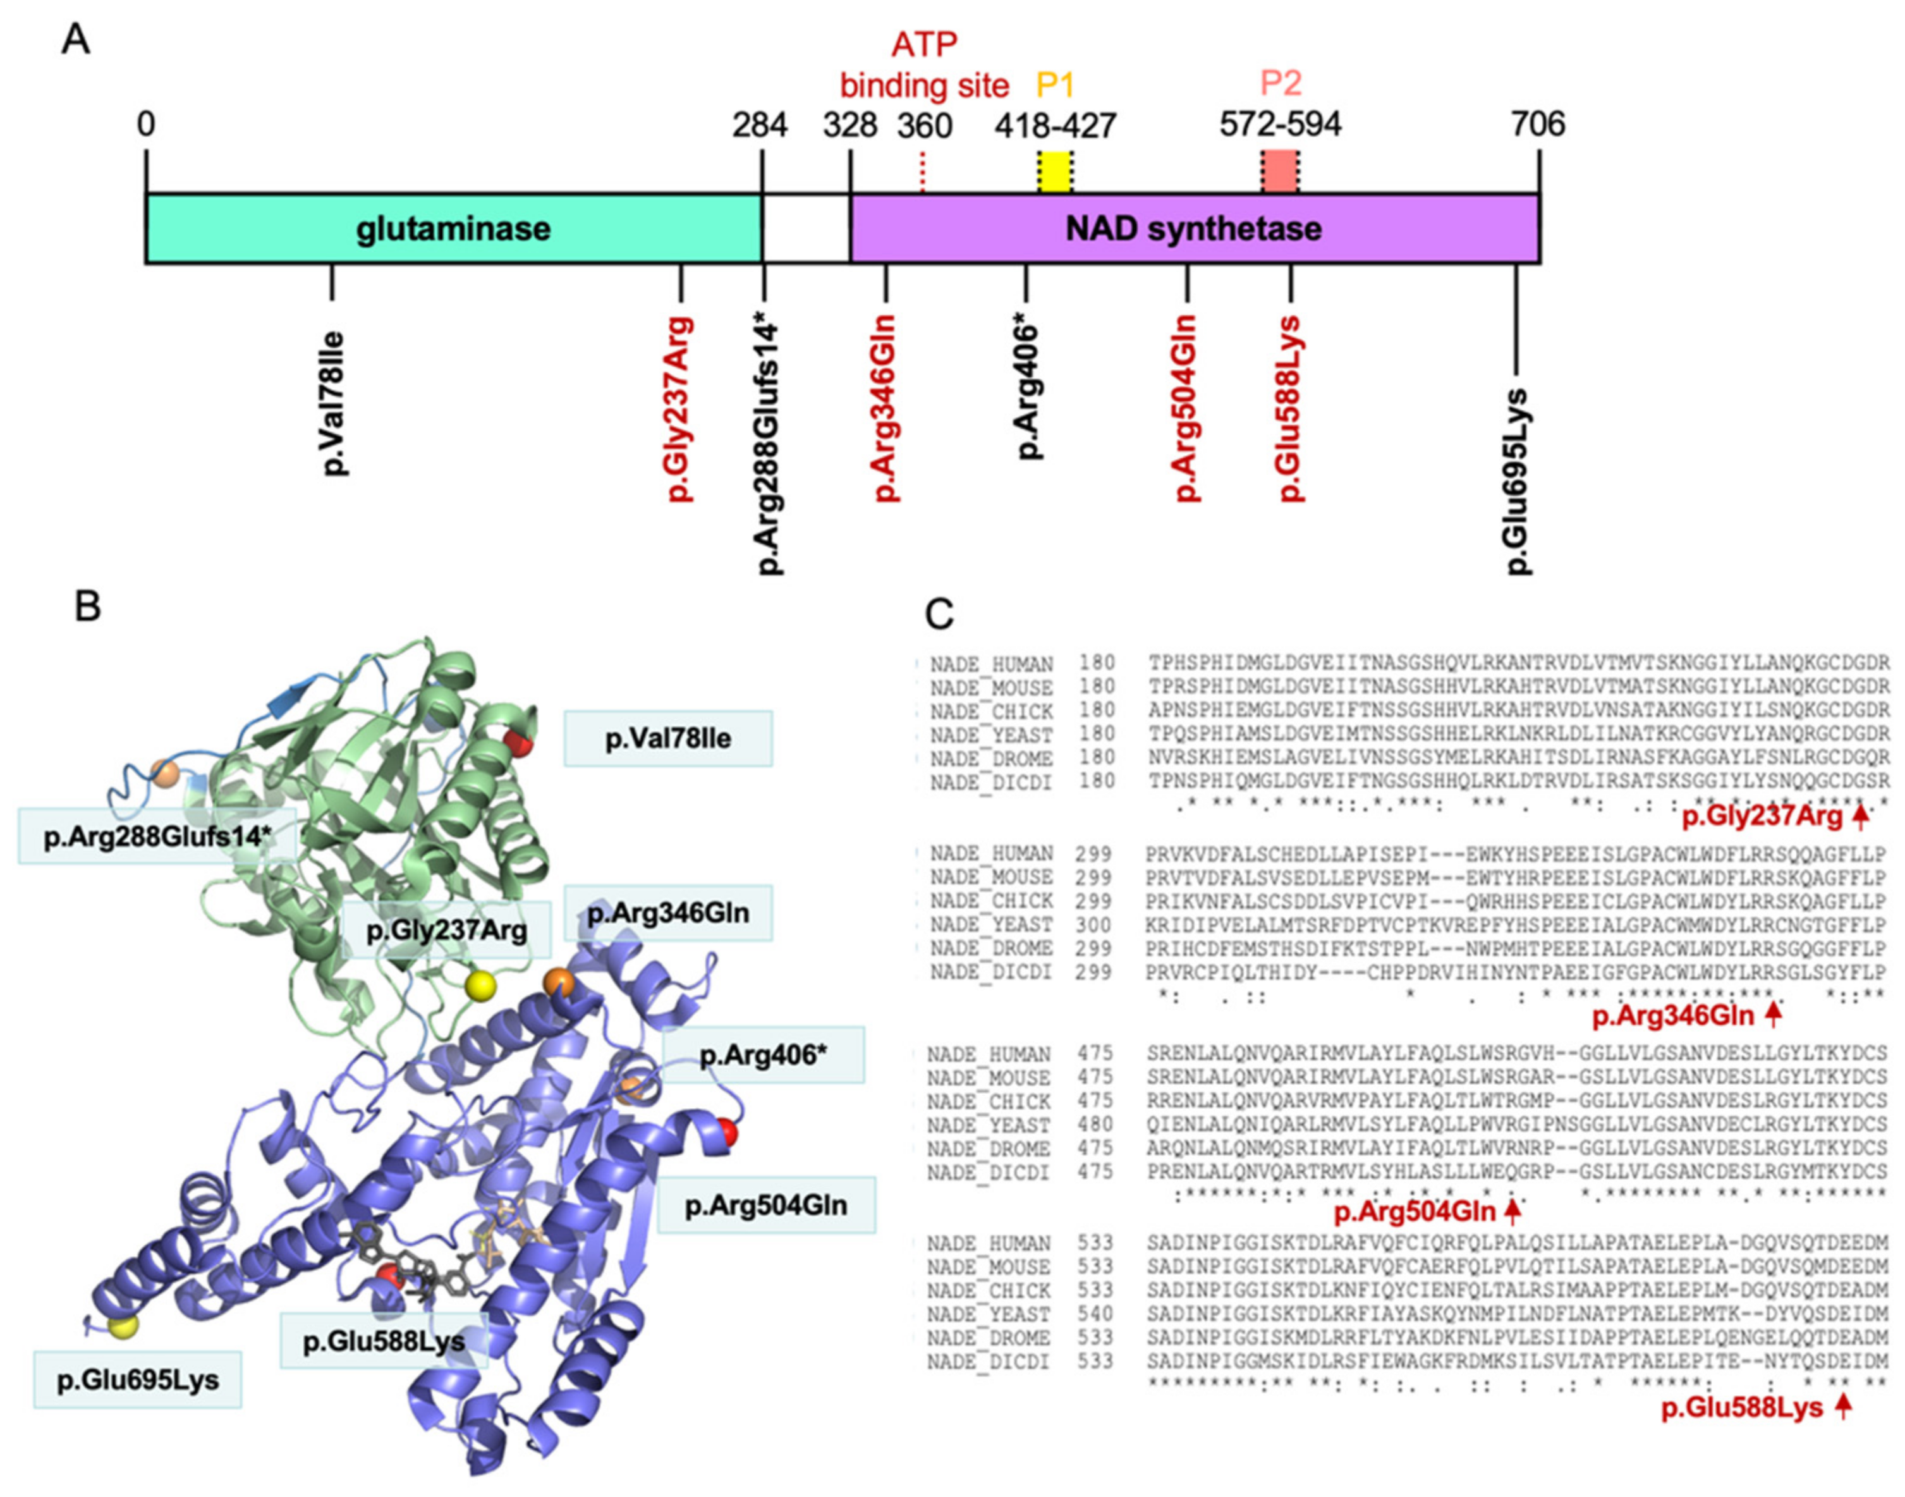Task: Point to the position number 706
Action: pyautogui.click(x=1537, y=125)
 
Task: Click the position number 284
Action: pyautogui.click(x=760, y=125)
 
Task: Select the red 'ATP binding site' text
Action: pyautogui.click(x=925, y=65)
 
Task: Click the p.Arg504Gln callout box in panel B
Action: pyautogui.click(x=766, y=1205)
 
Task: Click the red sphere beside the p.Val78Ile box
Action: pyautogui.click(x=518, y=745)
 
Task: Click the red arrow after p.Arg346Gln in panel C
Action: pyautogui.click(x=1773, y=1015)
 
